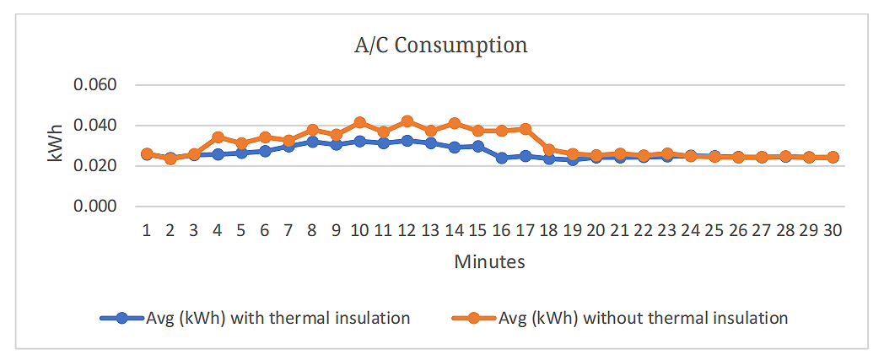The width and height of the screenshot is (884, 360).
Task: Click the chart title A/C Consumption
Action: tap(440, 45)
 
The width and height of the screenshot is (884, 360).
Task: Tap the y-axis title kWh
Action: tap(57, 145)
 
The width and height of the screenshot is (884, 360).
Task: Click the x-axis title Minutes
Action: tap(489, 261)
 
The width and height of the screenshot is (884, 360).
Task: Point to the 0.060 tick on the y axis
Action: tap(95, 85)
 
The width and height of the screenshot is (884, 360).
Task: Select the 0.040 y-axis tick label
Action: tap(95, 126)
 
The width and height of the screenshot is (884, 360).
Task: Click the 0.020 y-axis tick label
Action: tap(95, 166)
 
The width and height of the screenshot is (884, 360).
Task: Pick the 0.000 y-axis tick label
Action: tap(95, 206)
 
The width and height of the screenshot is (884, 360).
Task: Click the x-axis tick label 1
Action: tap(147, 229)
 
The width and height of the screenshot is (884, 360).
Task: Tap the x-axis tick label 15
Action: tap(478, 229)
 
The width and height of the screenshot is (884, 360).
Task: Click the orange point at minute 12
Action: tap(407, 121)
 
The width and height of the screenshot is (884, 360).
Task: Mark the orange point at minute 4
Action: tap(218, 137)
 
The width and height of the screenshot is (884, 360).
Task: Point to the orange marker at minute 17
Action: tap(526, 129)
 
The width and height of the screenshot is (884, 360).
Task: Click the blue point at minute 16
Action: tap(502, 158)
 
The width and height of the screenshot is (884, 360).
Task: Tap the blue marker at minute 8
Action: tap(312, 142)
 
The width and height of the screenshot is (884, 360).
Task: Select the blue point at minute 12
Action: tap(407, 141)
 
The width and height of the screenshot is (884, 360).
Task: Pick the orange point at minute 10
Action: tap(359, 123)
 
